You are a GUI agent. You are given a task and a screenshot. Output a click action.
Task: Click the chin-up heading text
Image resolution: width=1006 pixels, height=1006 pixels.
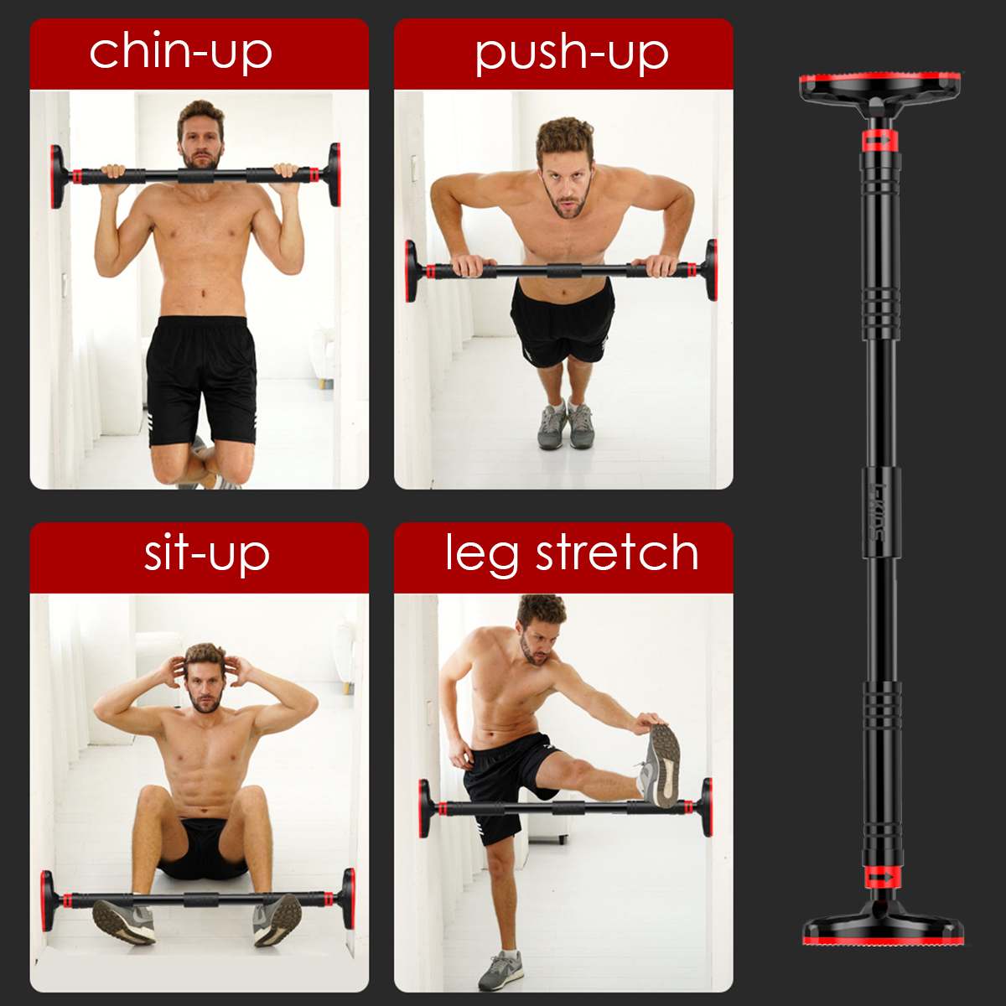pos(180,54)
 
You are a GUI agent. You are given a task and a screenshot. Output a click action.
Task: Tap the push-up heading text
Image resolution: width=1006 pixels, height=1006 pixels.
pos(572,54)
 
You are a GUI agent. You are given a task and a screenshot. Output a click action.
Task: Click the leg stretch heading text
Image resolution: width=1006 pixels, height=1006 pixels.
pos(572,554)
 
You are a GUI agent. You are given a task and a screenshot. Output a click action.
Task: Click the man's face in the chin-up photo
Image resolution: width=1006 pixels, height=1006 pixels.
pos(200,142)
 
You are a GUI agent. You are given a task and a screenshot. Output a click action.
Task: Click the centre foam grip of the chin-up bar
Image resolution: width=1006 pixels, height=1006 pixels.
pos(196,175)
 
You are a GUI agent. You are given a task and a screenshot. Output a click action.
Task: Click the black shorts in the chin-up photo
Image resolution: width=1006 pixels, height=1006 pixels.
pos(200,381)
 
